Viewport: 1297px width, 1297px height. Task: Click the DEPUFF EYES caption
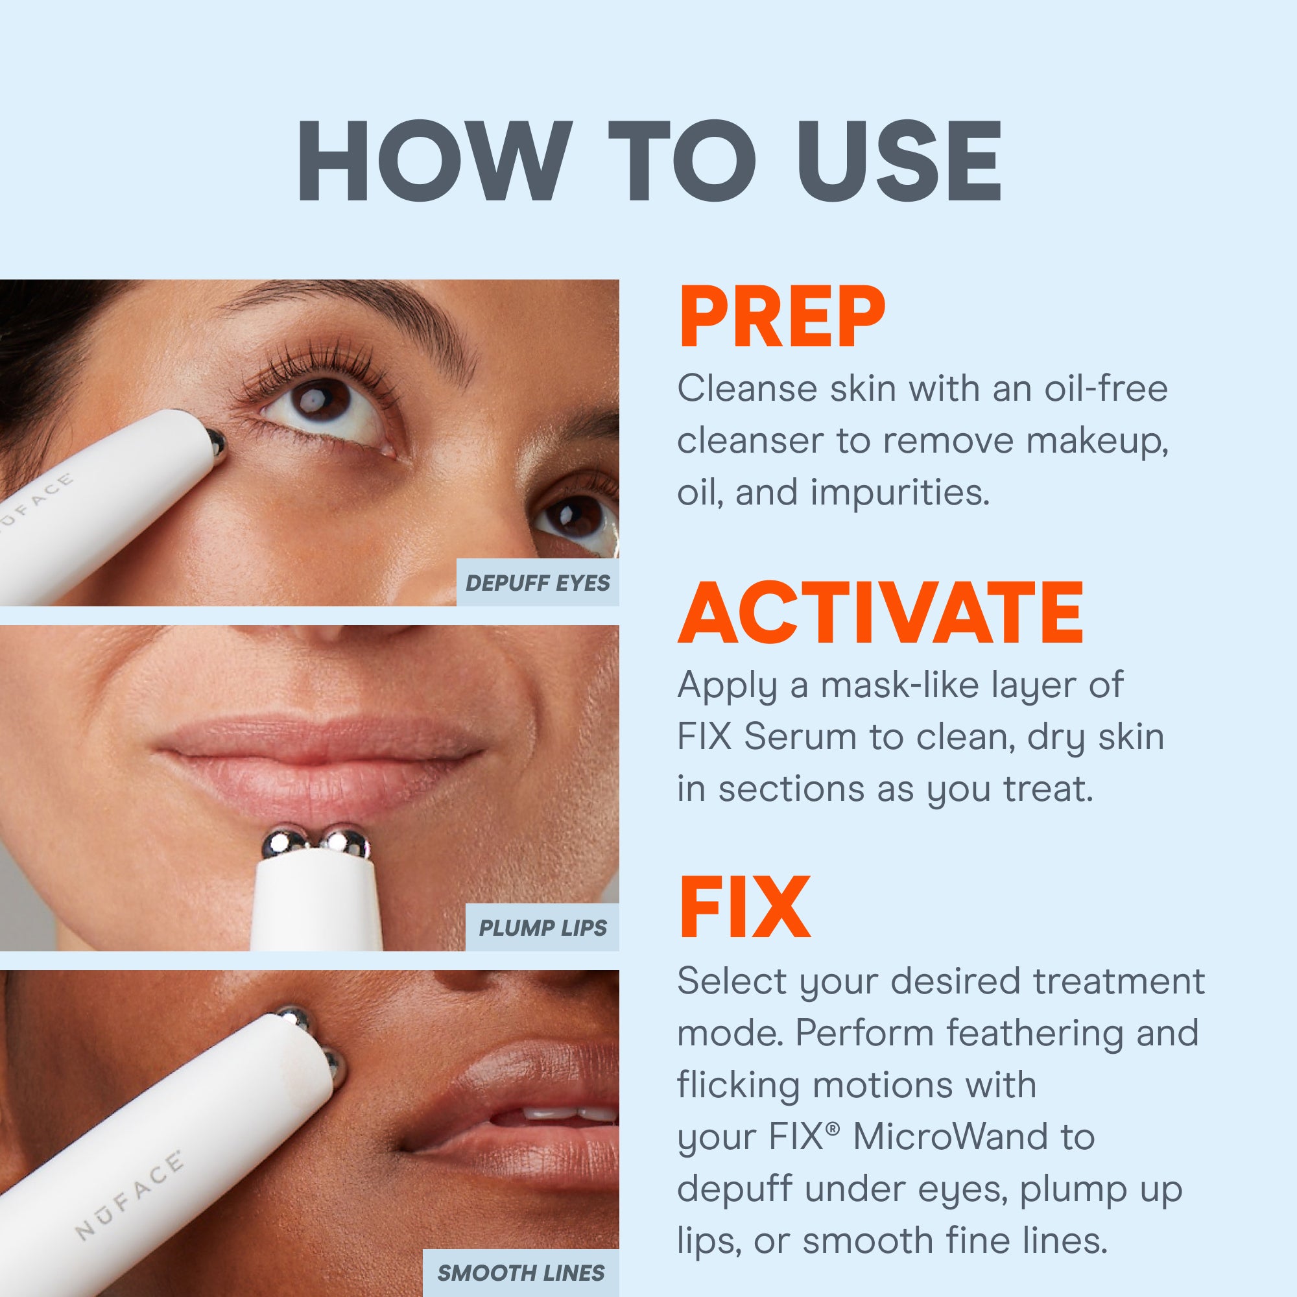tap(538, 583)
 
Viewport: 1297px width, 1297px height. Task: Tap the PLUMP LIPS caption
tap(542, 928)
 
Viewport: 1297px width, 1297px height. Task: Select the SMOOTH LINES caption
tap(521, 1273)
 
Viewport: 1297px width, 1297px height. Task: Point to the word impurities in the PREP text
tap(899, 494)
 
